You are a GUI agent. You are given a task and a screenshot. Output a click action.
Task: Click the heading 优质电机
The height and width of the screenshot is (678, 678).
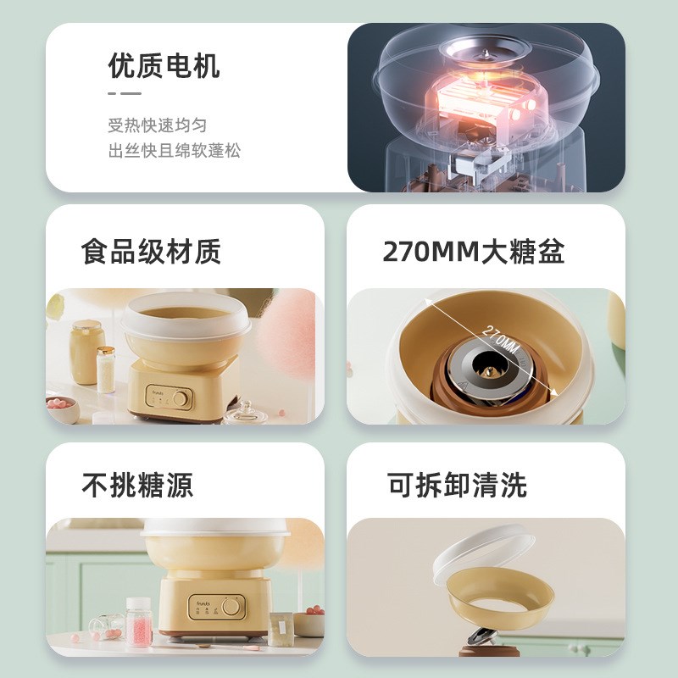pyautogui.click(x=164, y=66)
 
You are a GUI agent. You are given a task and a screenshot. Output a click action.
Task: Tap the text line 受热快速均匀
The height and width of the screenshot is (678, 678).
pyautogui.click(x=157, y=125)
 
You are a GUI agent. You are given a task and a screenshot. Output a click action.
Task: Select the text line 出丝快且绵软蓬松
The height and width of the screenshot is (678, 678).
pyautogui.click(x=175, y=151)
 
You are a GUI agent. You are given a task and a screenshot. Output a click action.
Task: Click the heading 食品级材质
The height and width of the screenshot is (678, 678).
pyautogui.click(x=151, y=252)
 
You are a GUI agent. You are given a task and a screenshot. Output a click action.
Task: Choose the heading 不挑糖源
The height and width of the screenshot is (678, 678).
pyautogui.click(x=137, y=485)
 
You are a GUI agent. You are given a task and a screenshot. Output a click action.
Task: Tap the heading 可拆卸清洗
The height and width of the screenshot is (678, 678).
pyautogui.click(x=457, y=485)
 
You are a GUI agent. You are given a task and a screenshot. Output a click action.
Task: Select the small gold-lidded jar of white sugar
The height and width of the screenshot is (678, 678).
pyautogui.click(x=106, y=370)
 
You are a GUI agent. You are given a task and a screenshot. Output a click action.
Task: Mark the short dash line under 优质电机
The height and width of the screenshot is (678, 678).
pyautogui.click(x=125, y=93)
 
